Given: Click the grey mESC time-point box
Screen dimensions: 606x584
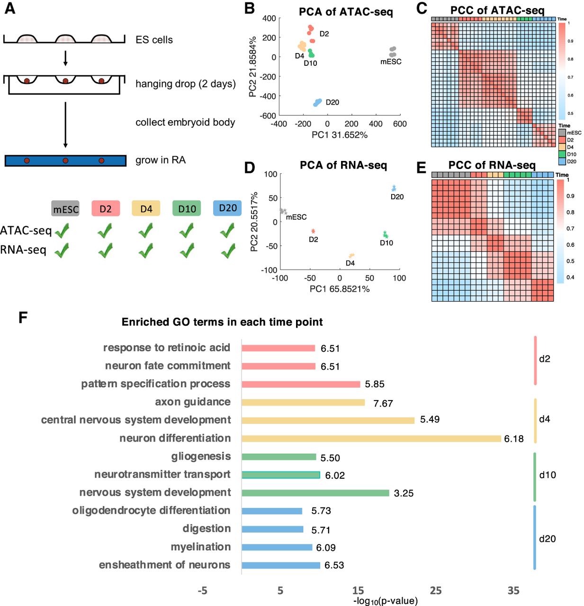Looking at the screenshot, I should [x=65, y=209].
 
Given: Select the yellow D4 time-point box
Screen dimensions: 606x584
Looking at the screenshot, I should [x=146, y=208].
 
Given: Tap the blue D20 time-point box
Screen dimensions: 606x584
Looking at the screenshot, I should [x=227, y=208].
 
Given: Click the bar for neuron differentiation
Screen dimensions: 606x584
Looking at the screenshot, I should [x=371, y=438].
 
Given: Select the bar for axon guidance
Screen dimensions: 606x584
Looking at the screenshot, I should [x=303, y=402].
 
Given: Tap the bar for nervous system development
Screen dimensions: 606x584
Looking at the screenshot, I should [x=315, y=493].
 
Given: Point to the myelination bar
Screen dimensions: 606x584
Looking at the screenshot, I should [x=277, y=547].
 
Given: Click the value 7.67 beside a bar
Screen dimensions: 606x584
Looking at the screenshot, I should [x=383, y=403].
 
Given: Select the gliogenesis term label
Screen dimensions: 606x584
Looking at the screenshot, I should [x=201, y=456].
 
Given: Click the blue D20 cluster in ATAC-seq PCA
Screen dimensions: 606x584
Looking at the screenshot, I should [x=317, y=102].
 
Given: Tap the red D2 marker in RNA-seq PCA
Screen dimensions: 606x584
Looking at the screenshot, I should [x=313, y=231].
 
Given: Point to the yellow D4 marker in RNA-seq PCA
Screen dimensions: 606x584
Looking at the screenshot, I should [x=351, y=256].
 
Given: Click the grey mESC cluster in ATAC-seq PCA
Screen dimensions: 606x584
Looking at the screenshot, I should [x=393, y=51].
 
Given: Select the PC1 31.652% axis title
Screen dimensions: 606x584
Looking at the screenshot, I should [x=339, y=135].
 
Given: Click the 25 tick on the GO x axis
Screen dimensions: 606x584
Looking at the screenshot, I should [x=435, y=590].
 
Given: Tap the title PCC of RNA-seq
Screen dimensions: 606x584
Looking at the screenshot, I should [x=492, y=165].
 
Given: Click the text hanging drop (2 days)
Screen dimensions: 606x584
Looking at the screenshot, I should [x=185, y=84].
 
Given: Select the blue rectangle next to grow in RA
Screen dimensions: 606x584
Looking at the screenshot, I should [x=65, y=161].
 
